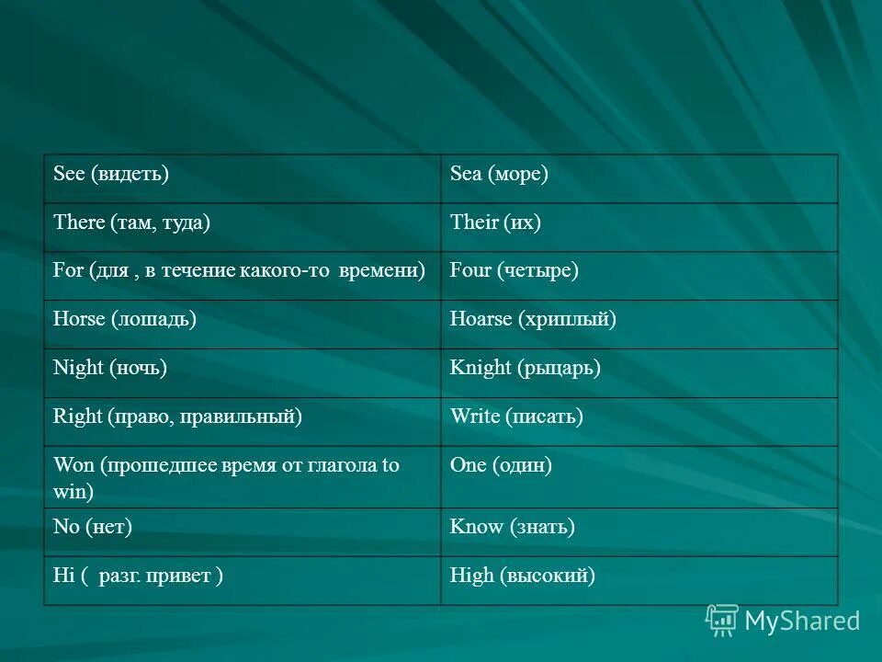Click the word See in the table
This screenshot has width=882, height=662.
point(69,174)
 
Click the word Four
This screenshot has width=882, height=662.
point(470,271)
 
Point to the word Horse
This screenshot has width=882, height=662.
point(80,319)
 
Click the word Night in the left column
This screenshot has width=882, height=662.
point(79,368)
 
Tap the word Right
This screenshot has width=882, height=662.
point(78,417)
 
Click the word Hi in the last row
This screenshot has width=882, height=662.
point(63,576)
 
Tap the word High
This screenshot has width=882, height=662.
point(471,576)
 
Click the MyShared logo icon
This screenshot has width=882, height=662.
point(722,621)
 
